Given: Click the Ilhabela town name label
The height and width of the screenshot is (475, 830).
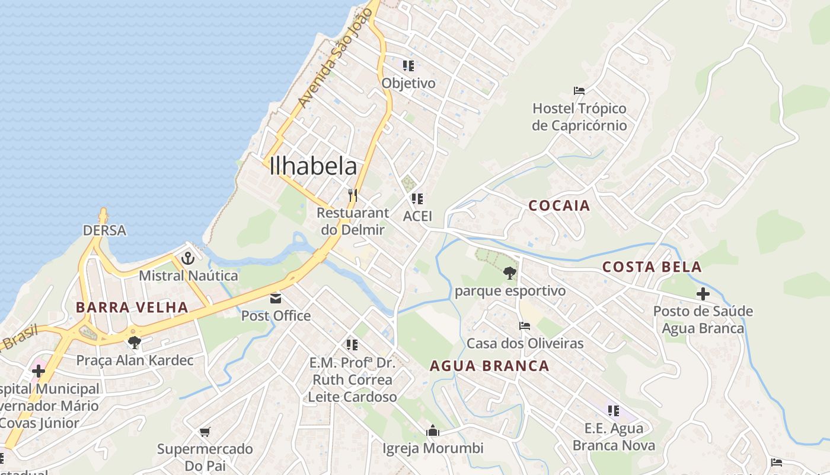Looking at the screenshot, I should click(313, 166).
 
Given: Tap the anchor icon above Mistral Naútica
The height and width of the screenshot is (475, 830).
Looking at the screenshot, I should click(188, 258).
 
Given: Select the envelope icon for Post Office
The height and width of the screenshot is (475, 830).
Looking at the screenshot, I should click(276, 298).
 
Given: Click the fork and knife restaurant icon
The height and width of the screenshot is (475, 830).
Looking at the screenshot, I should click(352, 195).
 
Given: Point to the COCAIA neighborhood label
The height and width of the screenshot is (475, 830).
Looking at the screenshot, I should click(559, 206).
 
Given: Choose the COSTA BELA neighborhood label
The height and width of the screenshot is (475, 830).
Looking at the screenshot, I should click(652, 267).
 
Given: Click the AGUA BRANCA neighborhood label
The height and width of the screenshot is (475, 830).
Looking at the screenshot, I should click(489, 366).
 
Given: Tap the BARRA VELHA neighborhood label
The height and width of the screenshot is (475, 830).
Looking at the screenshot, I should click(132, 308).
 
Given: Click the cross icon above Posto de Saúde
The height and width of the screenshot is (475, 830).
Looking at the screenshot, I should click(703, 293).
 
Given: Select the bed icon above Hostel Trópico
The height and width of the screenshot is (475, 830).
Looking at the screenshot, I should click(579, 91).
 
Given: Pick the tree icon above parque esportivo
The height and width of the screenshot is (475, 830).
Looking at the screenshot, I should click(509, 273).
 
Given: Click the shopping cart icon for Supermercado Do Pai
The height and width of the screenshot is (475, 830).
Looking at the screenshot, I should click(205, 432).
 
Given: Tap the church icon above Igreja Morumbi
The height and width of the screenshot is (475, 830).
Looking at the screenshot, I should click(433, 430).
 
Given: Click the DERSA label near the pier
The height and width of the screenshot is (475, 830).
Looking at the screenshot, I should click(104, 230).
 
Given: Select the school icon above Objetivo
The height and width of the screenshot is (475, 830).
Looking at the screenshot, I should click(408, 65).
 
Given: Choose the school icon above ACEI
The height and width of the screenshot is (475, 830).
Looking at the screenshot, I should click(417, 198).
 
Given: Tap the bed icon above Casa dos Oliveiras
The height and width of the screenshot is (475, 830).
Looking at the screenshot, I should click(525, 325).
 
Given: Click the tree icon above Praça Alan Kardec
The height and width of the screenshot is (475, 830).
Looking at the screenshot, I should click(134, 342).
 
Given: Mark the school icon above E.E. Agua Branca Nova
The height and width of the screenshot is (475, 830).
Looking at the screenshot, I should click(614, 410).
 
